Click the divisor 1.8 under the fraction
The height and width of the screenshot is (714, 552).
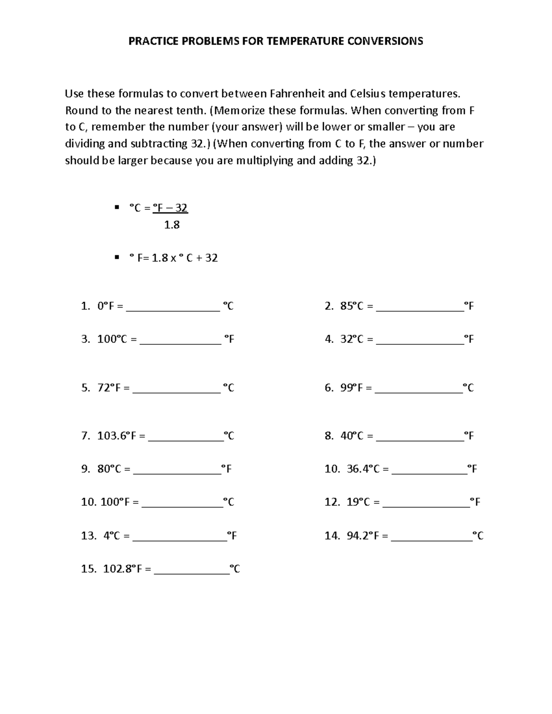coord(172,225)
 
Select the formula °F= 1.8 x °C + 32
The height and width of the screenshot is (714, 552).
coord(173,258)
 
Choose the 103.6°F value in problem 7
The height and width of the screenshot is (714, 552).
coord(117,436)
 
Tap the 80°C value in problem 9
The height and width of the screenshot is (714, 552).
coord(109,469)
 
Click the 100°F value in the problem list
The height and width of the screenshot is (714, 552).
coord(115,502)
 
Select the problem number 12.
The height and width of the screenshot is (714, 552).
coord(332,502)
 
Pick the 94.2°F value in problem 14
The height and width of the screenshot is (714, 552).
coord(363,536)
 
